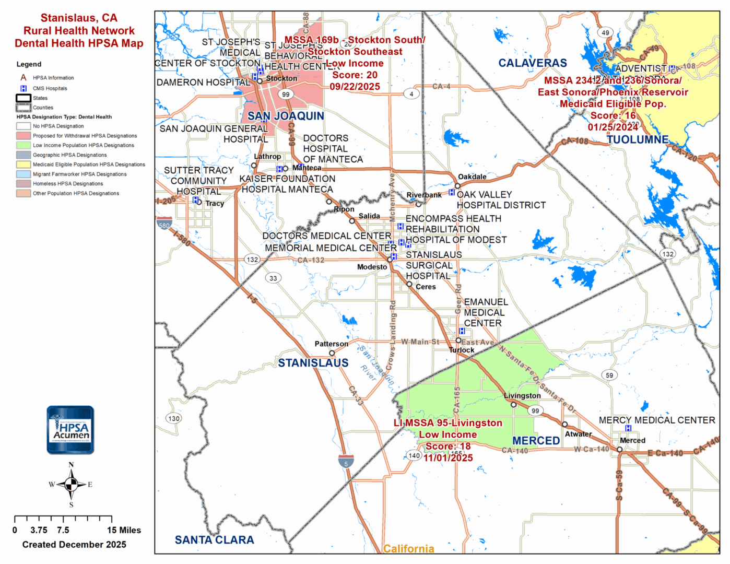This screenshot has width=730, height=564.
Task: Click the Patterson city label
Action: pyautogui.click(x=331, y=344)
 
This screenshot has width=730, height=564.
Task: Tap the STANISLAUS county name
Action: pyautogui.click(x=313, y=363)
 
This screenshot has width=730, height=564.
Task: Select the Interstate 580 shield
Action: pyautogui.click(x=164, y=224)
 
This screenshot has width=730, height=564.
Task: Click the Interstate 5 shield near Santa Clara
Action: pyautogui.click(x=346, y=462)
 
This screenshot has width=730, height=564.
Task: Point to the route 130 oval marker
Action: pyautogui.click(x=174, y=418)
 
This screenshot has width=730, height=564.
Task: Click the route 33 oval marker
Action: pyautogui.click(x=273, y=278)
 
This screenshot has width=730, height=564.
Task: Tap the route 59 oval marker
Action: pyautogui.click(x=609, y=375)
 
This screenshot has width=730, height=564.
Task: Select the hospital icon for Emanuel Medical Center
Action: pyautogui.click(x=462, y=331)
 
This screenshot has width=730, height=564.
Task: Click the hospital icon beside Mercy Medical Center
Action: pyautogui.click(x=628, y=428)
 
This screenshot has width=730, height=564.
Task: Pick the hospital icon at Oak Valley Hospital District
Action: pyautogui.click(x=452, y=193)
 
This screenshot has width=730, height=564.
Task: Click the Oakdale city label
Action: pyautogui.click(x=472, y=177)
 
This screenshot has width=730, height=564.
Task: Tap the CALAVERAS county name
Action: pyautogui.click(x=532, y=63)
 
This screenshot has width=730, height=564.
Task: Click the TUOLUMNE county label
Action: pyautogui.click(x=637, y=139)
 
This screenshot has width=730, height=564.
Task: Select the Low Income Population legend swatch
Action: pyautogui.click(x=23, y=145)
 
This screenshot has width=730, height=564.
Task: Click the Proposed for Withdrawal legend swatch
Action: pyautogui.click(x=23, y=136)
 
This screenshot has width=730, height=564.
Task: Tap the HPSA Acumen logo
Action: pyautogui.click(x=70, y=430)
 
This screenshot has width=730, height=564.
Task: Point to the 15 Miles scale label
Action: pyautogui.click(x=124, y=530)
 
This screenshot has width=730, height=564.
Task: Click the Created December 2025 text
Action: pyautogui.click(x=74, y=545)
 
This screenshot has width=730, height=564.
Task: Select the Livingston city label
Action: pyautogui.click(x=522, y=396)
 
